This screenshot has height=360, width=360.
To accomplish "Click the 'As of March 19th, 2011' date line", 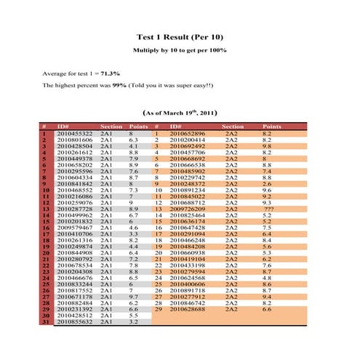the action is (x=179, y=114).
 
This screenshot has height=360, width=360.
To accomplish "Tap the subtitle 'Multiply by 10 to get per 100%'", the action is (x=180, y=51).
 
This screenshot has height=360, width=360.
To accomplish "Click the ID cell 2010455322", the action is (x=74, y=134).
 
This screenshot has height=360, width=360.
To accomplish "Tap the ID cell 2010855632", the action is (x=74, y=321).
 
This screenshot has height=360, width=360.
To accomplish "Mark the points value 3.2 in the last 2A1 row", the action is (x=133, y=321).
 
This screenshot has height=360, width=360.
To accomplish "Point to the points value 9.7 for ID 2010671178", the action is (x=133, y=297).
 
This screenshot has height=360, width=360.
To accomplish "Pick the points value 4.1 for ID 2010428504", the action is (x=133, y=146).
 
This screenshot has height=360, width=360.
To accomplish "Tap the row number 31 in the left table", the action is (x=44, y=321).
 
